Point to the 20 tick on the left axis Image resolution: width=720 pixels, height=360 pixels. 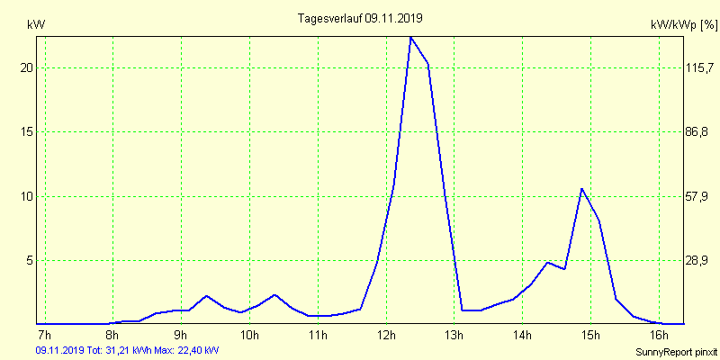point(26,68)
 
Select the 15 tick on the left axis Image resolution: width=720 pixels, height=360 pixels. point(26,132)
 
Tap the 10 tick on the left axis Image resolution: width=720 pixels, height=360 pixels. point(26,196)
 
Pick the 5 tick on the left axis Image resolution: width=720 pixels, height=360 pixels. point(29,260)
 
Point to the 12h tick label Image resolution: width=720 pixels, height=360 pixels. point(385,336)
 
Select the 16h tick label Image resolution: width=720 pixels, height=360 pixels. point(658,336)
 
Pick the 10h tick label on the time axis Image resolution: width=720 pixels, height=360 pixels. point(249,336)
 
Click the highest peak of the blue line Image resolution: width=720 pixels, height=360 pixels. point(410,38)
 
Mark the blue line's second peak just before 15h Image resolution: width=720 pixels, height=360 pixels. point(581,189)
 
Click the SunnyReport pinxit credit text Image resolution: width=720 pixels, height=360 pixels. point(675,350)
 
